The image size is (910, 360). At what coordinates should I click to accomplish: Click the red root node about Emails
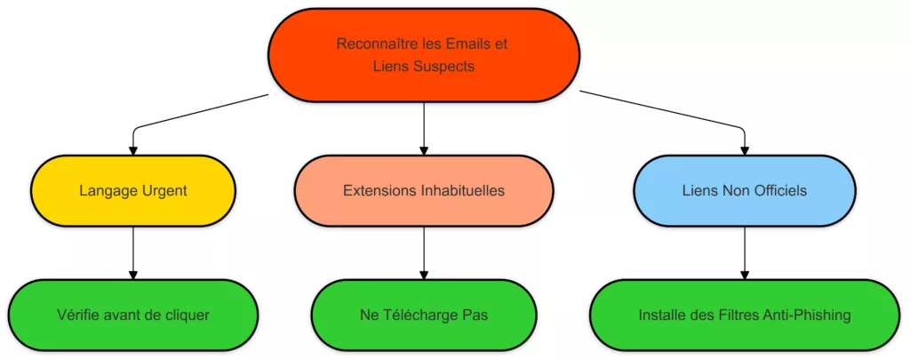click(424, 54)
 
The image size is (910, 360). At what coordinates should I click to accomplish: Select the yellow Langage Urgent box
click(133, 190)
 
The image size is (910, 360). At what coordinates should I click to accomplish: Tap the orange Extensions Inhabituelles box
click(424, 190)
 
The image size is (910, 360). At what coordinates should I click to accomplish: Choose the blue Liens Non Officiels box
click(745, 190)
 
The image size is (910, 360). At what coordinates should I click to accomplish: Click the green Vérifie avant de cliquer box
click(133, 315)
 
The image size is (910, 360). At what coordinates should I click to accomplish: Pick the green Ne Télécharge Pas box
click(424, 315)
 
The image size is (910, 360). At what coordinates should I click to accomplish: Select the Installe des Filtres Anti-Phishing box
click(745, 315)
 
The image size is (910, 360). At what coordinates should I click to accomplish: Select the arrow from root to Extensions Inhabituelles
click(424, 129)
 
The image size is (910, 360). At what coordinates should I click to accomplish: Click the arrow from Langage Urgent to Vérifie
click(133, 253)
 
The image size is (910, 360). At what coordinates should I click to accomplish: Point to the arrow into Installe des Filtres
click(745, 253)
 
